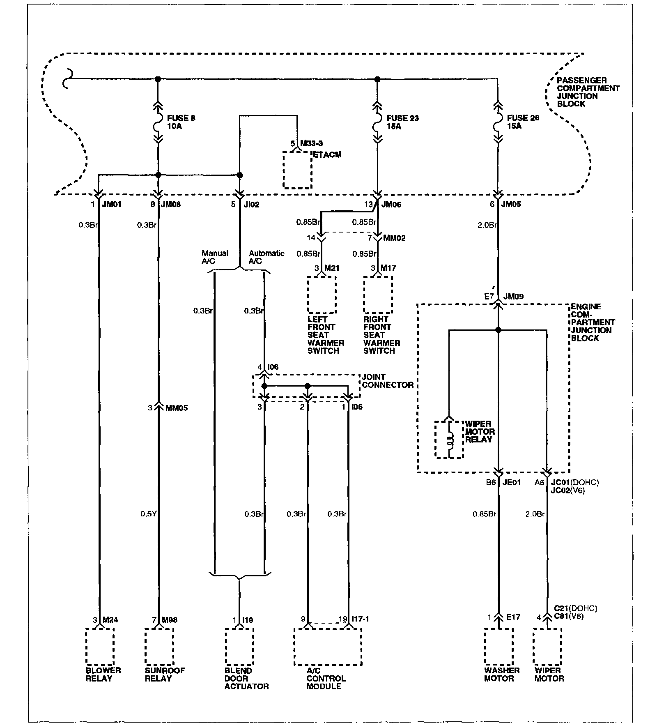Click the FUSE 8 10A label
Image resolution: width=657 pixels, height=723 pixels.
[x=181, y=122]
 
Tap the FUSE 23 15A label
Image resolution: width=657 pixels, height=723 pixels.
[x=402, y=122]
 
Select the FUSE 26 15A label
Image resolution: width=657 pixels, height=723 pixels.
[x=523, y=122]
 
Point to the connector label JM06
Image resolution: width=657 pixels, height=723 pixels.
[x=391, y=204]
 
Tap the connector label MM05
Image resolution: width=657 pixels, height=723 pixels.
[x=177, y=408]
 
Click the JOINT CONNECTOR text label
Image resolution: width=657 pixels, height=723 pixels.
[x=388, y=381]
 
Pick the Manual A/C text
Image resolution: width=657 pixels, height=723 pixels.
[x=215, y=257]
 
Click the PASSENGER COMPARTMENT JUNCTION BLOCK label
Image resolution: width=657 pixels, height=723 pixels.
[x=588, y=92]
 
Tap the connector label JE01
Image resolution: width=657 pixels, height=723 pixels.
[x=512, y=482]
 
